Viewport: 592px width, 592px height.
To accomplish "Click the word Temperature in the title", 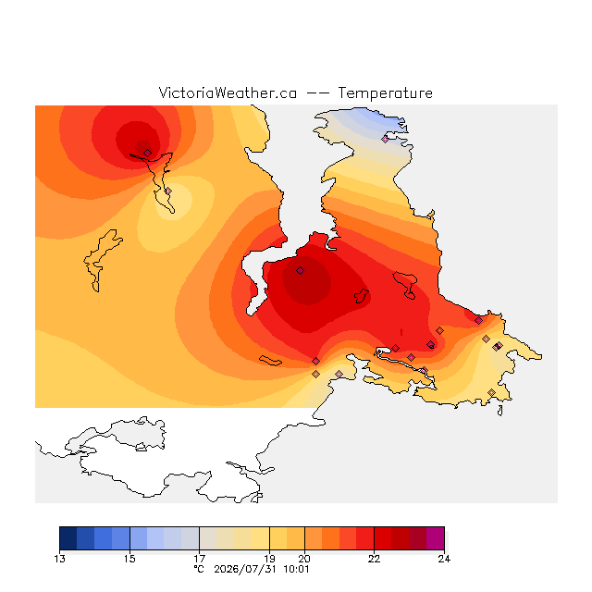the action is pyautogui.click(x=385, y=93).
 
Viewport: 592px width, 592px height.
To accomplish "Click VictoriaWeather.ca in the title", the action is pyautogui.click(x=228, y=93).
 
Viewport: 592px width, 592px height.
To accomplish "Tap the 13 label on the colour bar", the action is pyautogui.click(x=59, y=559).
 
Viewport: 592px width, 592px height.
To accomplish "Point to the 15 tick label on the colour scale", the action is pyautogui.click(x=129, y=559).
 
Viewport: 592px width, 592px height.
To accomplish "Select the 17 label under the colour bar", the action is pyautogui.click(x=200, y=559).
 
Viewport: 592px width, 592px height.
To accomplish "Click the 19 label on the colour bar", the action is pyautogui.click(x=269, y=559).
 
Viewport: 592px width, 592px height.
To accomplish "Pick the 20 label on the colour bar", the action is pyautogui.click(x=304, y=559).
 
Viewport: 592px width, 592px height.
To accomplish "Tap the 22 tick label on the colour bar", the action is pyautogui.click(x=374, y=559).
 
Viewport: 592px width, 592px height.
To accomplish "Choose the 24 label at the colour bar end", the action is pyautogui.click(x=444, y=559).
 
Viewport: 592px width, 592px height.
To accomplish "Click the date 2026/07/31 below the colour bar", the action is pyautogui.click(x=245, y=570).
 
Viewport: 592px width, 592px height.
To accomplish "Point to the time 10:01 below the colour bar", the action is pyautogui.click(x=296, y=570).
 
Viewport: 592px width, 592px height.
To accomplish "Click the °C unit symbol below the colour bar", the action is pyautogui.click(x=199, y=570).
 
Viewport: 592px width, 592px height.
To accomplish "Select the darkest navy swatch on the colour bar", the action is pyautogui.click(x=68, y=538).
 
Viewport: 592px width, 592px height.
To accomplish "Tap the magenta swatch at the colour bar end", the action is pyautogui.click(x=436, y=538).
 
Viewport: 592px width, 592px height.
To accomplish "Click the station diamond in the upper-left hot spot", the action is pyautogui.click(x=148, y=153).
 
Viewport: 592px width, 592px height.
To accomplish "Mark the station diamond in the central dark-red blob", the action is pyautogui.click(x=300, y=270).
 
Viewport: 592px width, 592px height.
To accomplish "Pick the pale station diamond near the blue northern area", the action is pyautogui.click(x=385, y=139).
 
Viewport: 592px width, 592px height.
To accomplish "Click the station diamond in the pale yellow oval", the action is pyautogui.click(x=168, y=191).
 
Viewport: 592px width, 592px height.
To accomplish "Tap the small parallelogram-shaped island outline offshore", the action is pyautogui.click(x=270, y=361).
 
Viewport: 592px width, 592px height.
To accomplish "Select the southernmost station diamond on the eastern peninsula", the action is pyautogui.click(x=491, y=392).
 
